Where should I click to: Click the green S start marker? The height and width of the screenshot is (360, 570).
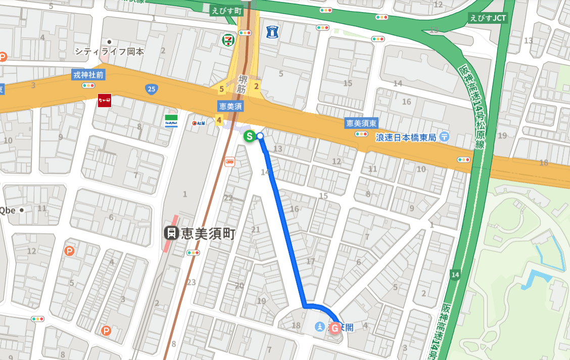pyautogui.click(x=249, y=136)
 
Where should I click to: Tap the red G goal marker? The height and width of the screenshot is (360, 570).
pyautogui.click(x=335, y=328)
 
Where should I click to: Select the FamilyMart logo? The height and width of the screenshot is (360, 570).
pyautogui.click(x=171, y=121)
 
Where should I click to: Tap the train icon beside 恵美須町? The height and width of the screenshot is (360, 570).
pyautogui.click(x=172, y=233)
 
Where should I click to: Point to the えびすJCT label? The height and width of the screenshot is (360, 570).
pyautogui.click(x=488, y=18)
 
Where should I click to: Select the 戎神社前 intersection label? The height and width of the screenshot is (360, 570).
pyautogui.click(x=88, y=75)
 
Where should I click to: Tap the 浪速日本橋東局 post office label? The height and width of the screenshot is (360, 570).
pyautogui.click(x=406, y=137)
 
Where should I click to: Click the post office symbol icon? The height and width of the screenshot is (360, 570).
pyautogui.click(x=444, y=136)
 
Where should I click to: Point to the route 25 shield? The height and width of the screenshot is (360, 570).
pyautogui.click(x=151, y=89)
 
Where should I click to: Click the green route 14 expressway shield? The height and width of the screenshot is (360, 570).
pyautogui.click(x=455, y=275)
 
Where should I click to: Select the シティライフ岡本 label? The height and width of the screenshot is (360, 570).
pyautogui.click(x=109, y=51)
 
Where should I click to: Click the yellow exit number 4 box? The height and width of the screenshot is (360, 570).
pyautogui.click(x=219, y=120)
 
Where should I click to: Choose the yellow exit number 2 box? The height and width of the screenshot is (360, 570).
pyautogui.click(x=257, y=86)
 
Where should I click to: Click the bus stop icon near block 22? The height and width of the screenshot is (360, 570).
pyautogui.click(x=230, y=162)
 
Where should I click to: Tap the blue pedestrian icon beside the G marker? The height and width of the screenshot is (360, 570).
pyautogui.click(x=319, y=327)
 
